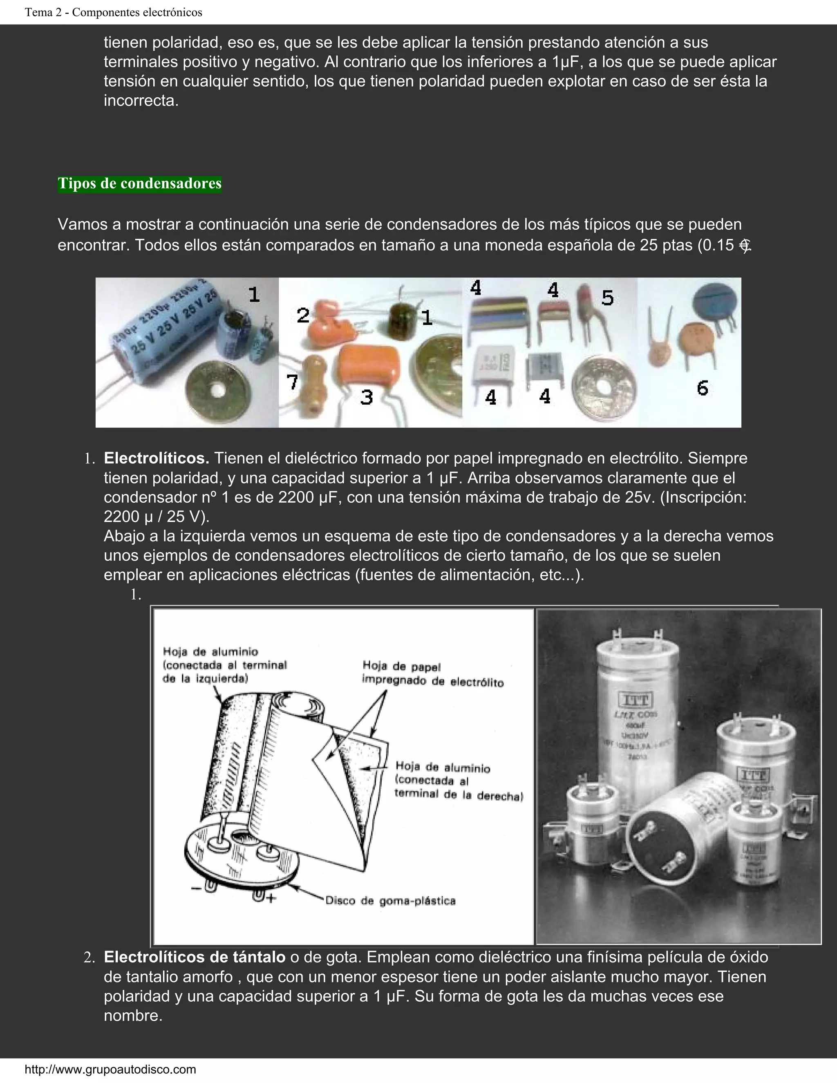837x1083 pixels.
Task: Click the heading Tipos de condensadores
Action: coord(139,184)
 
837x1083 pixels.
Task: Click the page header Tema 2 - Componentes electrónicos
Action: coord(114,12)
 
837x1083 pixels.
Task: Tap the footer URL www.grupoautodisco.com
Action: coord(110,1069)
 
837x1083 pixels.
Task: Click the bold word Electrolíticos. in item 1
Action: coord(156,458)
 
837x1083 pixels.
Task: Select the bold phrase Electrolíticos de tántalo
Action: coord(195,957)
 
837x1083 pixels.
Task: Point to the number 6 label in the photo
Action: coord(702,388)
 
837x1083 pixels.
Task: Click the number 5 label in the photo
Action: coord(607,298)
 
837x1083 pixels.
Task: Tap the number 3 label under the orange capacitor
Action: coord(367,397)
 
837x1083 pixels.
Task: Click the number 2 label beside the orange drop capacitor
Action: coord(303,316)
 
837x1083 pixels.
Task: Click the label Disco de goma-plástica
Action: coord(390,900)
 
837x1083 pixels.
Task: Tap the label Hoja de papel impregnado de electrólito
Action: coord(432,674)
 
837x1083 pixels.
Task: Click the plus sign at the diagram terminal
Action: coord(270,898)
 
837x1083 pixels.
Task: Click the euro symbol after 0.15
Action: coord(745,246)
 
